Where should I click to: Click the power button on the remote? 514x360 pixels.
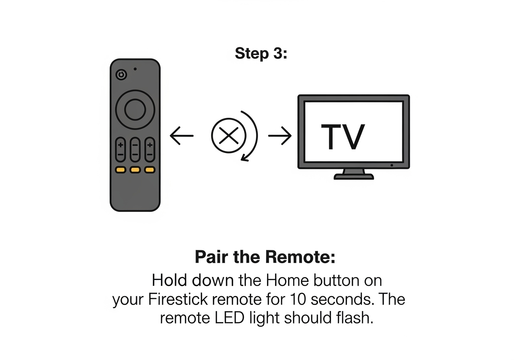pyautogui.click(x=121, y=74)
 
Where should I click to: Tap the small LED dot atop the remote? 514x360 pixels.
pyautogui.click(x=135, y=69)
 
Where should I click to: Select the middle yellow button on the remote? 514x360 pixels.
pyautogui.click(x=135, y=170)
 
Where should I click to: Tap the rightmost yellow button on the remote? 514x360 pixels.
pyautogui.click(x=149, y=170)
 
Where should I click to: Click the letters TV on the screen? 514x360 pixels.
pyautogui.click(x=343, y=137)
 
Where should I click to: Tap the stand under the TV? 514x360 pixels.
pyautogui.click(x=353, y=174)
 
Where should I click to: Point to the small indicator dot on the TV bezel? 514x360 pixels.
pyautogui.click(x=392, y=165)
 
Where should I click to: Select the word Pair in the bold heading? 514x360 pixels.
pyautogui.click(x=211, y=257)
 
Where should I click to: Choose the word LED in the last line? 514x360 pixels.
pyautogui.click(x=223, y=318)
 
